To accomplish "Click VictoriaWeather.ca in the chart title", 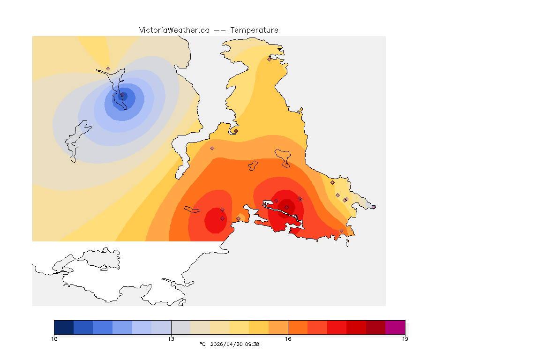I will [174, 30].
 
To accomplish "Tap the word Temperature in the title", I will [254, 30].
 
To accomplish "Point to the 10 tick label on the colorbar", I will [54, 338].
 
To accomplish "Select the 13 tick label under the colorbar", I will [171, 338].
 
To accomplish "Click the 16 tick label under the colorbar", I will [288, 338].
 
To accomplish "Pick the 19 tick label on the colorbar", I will [405, 338].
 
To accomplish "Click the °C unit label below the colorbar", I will [202, 344].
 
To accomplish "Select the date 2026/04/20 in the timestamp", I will [227, 344].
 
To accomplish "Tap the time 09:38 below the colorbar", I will [252, 344].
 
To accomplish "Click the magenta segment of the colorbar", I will [395, 327].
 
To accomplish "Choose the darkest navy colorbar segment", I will [64, 327].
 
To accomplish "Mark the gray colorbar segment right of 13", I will [181, 327].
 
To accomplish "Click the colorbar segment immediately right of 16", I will [298, 327].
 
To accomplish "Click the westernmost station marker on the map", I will [108, 68].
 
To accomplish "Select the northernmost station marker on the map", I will [269, 59].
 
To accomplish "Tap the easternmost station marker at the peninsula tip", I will [374, 207].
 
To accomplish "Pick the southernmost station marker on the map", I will [341, 231].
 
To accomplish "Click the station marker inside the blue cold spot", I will [122, 95].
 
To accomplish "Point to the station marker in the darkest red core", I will [286, 207].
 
